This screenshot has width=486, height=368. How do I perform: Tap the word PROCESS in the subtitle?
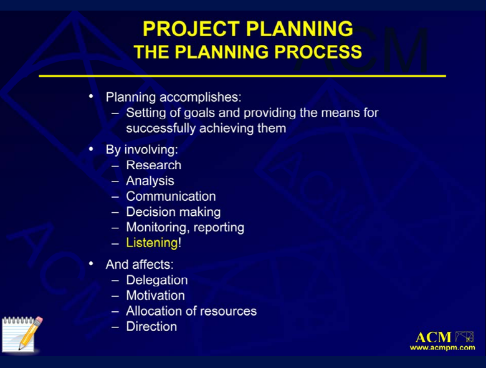click(x=318, y=52)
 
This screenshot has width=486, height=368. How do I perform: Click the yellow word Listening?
click(x=152, y=243)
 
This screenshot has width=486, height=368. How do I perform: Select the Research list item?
click(x=154, y=165)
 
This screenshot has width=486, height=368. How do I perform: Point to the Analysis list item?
click(x=150, y=181)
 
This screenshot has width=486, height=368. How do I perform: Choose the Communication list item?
click(x=171, y=196)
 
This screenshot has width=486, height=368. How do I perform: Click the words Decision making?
click(x=173, y=212)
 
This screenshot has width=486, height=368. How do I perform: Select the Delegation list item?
click(x=157, y=281)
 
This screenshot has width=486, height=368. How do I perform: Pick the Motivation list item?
click(x=156, y=296)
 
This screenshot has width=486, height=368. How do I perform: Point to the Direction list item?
click(x=151, y=327)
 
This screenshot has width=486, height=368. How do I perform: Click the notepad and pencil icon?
click(x=22, y=334)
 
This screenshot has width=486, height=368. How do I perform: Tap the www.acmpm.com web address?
click(x=442, y=347)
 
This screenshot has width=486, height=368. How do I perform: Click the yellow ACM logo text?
click(x=433, y=337)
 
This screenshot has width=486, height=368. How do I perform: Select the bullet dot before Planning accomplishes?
click(x=91, y=97)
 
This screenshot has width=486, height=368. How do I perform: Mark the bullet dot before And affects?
click(x=91, y=264)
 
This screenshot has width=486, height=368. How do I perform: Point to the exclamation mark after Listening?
click(x=179, y=243)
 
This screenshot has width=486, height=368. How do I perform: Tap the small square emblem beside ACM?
click(x=464, y=337)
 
